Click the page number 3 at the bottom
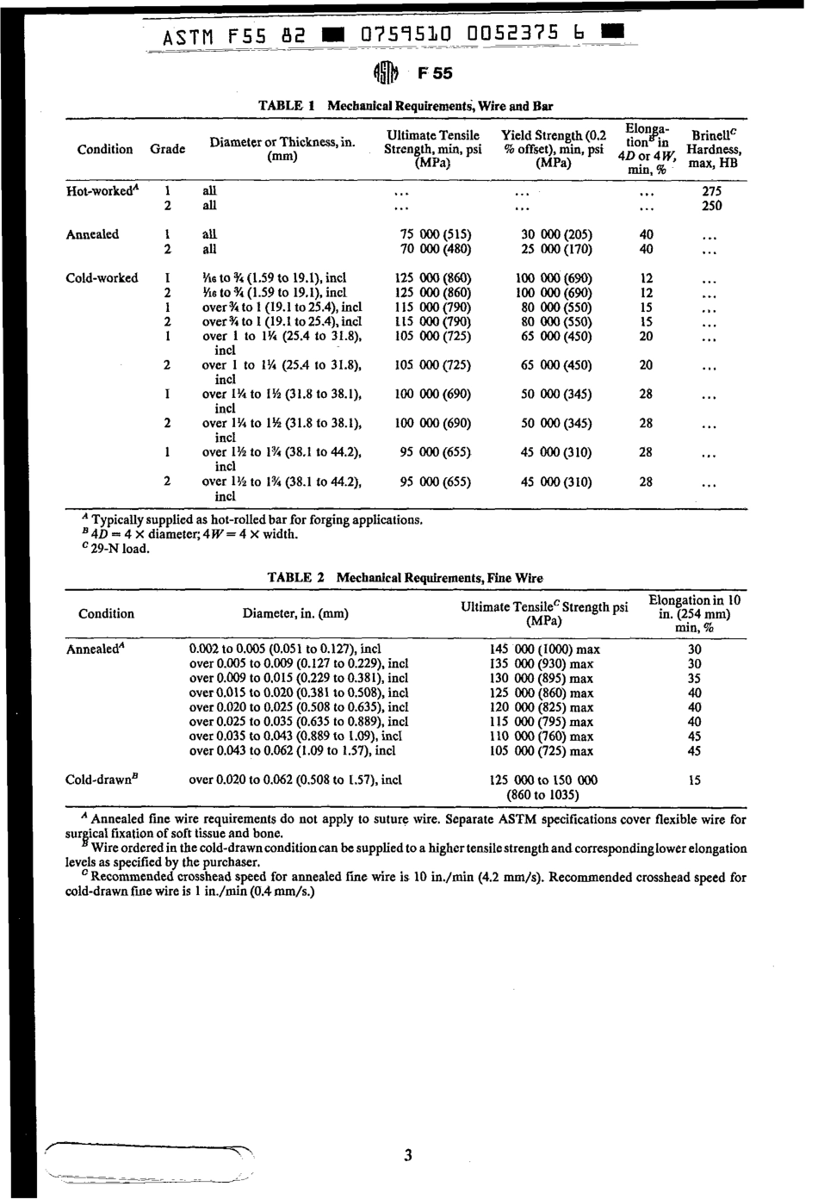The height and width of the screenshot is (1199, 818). click(407, 1155)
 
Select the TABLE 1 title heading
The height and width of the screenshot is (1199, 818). click(406, 106)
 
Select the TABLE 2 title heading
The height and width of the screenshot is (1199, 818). click(405, 578)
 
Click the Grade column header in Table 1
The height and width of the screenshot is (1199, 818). click(168, 149)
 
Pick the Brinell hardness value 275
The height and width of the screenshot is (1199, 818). click(712, 191)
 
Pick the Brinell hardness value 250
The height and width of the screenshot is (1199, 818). click(712, 206)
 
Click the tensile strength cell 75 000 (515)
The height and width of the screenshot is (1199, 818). click(436, 234)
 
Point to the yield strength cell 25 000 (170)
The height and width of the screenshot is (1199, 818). click(556, 249)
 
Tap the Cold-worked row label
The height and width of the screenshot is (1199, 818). click(102, 278)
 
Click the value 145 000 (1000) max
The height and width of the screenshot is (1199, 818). click(543, 649)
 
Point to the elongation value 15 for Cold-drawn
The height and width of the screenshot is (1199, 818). click(695, 780)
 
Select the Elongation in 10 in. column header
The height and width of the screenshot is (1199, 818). click(695, 613)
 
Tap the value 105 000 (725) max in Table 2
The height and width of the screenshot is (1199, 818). click(542, 751)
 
